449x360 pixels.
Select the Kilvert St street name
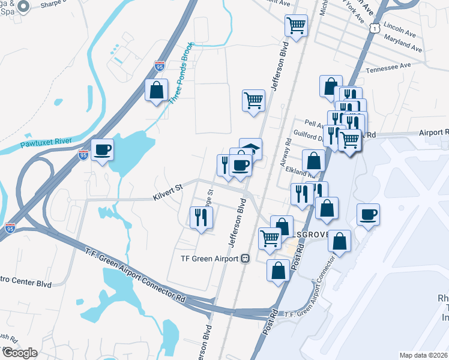[168, 188]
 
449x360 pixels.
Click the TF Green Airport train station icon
[245, 259]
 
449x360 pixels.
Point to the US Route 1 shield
[375, 28]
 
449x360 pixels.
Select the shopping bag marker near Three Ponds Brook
[156, 91]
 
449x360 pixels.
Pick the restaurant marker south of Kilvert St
[200, 217]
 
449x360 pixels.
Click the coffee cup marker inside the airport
[368, 214]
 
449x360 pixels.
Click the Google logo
[19, 353]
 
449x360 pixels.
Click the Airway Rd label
[286, 154]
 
